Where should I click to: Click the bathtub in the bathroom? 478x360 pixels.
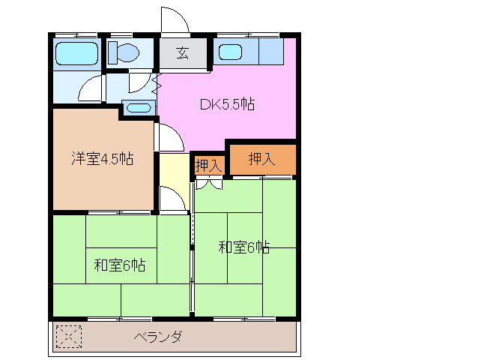tap(76, 53)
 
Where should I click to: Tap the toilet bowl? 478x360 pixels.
tap(124, 52)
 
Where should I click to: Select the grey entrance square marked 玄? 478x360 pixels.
tap(182, 52)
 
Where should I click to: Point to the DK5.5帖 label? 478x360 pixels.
tap(227, 105)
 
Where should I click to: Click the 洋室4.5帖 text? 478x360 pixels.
tap(102, 158)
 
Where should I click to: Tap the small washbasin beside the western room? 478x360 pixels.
tap(138, 108)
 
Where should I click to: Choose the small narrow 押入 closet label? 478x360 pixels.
tap(208, 165)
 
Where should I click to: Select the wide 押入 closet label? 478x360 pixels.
tap(261, 158)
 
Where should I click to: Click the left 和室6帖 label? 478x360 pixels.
tap(120, 265)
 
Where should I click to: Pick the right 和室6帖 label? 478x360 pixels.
tap(244, 247)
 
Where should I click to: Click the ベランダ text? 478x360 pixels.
tap(157, 337)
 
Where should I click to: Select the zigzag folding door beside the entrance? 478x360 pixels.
tap(157, 83)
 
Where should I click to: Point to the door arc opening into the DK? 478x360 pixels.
tap(169, 136)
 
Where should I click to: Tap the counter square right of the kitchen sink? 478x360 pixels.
tap(270, 52)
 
